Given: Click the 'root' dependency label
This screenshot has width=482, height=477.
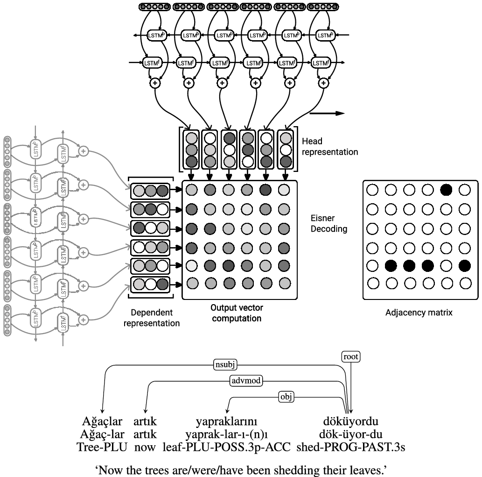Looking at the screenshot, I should (x=351, y=357).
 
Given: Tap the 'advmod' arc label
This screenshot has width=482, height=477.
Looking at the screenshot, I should (x=246, y=381).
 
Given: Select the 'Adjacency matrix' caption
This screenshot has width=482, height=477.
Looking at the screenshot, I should (x=419, y=313).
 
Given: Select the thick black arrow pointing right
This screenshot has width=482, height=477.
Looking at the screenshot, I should (x=327, y=114).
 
